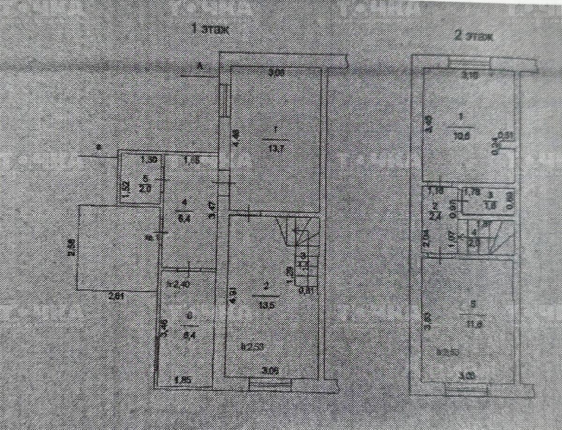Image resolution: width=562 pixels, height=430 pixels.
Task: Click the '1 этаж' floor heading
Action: pos(210,30)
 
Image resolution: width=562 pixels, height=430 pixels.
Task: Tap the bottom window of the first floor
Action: pos(271,384)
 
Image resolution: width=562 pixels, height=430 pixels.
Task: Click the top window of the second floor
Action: pos(469,62)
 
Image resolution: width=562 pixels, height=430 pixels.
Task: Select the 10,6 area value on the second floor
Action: pos(463,132)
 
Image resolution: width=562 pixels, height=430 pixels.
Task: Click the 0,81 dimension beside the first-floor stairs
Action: pos(307,289)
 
